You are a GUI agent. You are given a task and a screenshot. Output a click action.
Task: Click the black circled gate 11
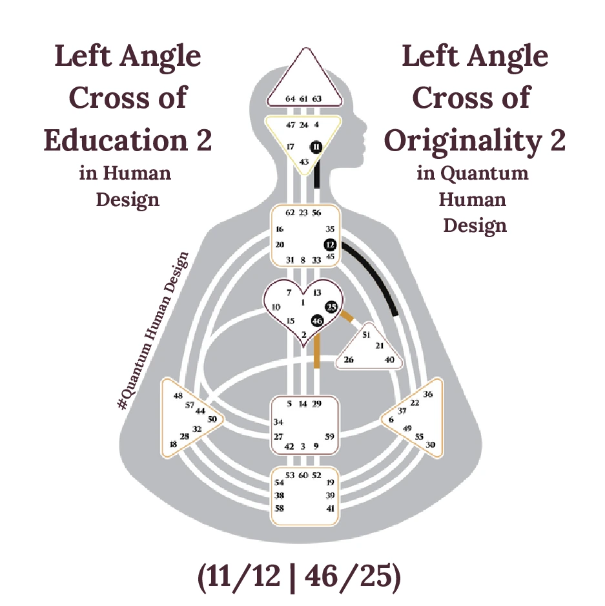(x=316, y=147)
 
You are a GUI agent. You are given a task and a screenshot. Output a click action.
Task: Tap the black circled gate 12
(x=331, y=245)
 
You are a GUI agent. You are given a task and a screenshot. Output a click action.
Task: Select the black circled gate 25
(x=332, y=307)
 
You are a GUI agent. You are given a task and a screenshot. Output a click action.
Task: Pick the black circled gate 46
(x=317, y=320)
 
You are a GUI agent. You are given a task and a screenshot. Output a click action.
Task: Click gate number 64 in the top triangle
(x=291, y=99)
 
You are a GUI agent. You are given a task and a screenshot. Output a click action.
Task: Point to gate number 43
(x=305, y=162)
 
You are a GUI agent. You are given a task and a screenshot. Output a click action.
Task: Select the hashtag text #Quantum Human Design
(x=154, y=329)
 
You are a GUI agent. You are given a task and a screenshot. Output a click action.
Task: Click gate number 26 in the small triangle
(x=348, y=359)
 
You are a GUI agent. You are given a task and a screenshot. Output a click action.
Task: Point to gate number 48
(x=178, y=395)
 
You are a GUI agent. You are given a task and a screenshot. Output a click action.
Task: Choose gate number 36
(x=427, y=394)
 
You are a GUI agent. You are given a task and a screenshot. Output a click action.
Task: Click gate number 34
(x=279, y=422)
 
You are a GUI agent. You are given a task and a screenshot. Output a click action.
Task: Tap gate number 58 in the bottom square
(x=280, y=508)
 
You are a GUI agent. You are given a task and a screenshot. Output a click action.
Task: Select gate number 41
(x=331, y=508)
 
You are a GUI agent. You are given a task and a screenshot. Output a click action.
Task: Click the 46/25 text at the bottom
(x=351, y=578)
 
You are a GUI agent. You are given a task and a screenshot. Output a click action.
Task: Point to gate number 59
(x=329, y=437)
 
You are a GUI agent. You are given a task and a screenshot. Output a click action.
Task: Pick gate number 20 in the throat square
(x=280, y=245)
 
